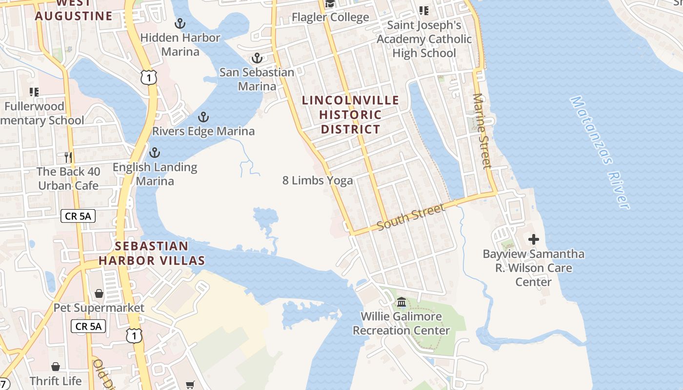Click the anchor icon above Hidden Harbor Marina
[180, 23]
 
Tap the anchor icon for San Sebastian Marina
[257, 58]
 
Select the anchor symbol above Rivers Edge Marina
[203, 117]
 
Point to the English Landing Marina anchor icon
[155, 153]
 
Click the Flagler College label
[330, 18]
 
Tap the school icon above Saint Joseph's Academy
[424, 10]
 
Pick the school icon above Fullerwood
[34, 92]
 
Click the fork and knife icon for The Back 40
[69, 157]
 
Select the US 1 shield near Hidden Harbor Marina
[149, 77]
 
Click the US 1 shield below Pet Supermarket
[134, 335]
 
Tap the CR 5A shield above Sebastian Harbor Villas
[78, 216]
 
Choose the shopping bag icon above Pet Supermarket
[99, 293]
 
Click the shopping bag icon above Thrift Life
[56, 367]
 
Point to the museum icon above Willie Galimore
[402, 302]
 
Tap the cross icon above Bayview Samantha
[534, 239]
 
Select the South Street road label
[411, 217]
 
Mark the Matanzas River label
[600, 152]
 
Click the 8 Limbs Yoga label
[318, 180]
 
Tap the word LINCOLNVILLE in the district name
[350, 100]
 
